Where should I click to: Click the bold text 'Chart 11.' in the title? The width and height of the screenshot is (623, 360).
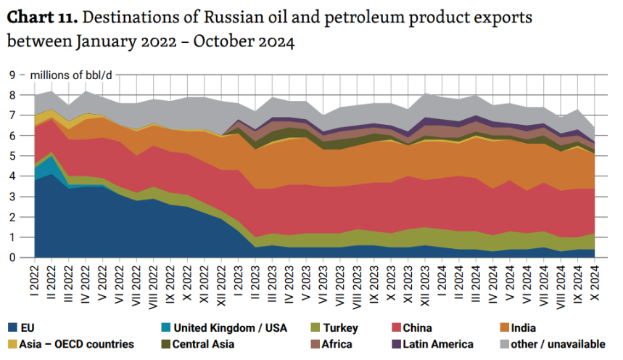(x=38, y=17)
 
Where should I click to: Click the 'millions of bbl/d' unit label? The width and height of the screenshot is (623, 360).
(x=71, y=75)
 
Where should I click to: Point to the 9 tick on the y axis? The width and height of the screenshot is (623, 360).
(x=12, y=75)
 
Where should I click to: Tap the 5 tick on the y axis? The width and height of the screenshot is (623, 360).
(x=12, y=155)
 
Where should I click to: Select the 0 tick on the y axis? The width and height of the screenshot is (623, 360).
(x=12, y=257)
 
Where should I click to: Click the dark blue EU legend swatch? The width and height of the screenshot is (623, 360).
(x=15, y=328)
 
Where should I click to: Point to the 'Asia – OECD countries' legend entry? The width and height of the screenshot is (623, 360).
(x=71, y=344)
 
